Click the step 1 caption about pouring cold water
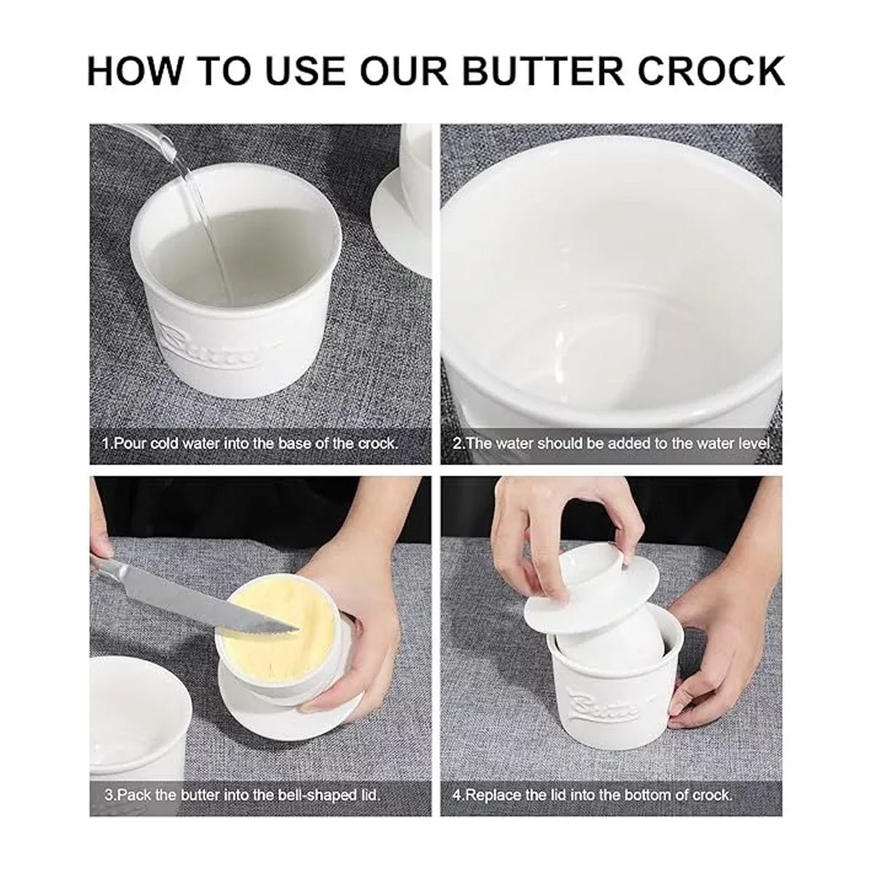(x=250, y=443)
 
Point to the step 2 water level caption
(x=613, y=443)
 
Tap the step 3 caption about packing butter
(x=242, y=794)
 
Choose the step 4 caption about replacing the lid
(x=592, y=794)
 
